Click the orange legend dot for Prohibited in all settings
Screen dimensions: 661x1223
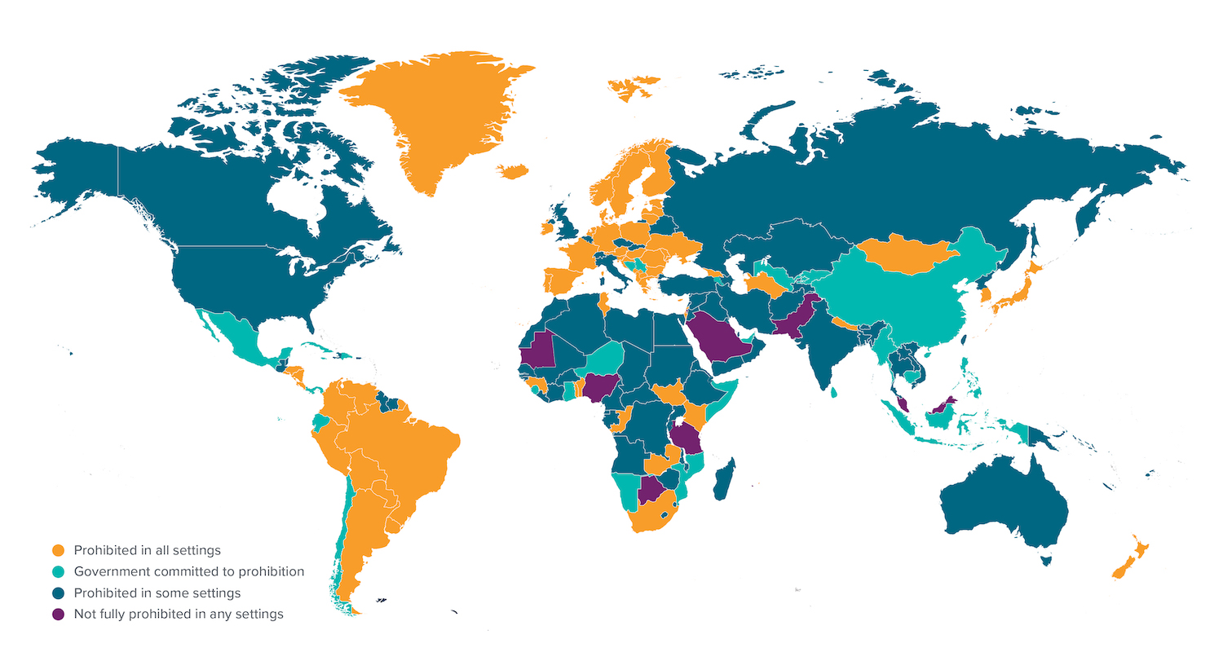point(58,550)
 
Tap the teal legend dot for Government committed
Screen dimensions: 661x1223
point(58,571)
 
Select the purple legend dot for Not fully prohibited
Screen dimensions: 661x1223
point(58,614)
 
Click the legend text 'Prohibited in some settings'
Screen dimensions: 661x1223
point(157,593)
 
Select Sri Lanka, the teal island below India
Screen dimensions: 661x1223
point(834,393)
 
